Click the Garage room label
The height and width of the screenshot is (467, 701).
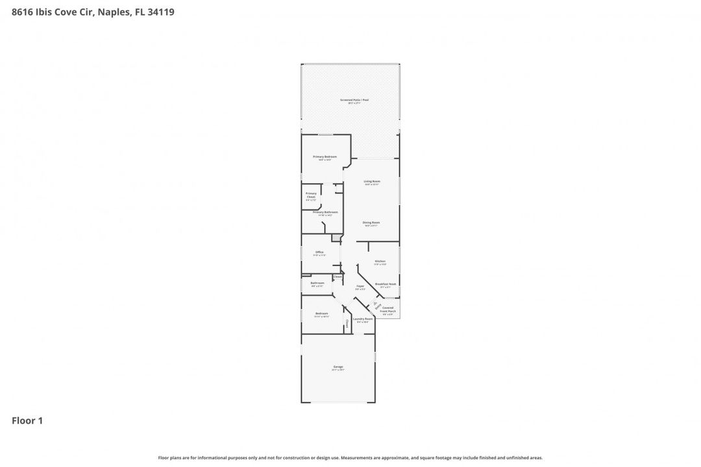pyautogui.click(x=338, y=367)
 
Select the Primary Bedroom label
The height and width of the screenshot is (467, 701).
pyautogui.click(x=325, y=158)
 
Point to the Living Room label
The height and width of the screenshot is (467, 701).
pyautogui.click(x=371, y=182)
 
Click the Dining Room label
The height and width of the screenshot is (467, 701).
pyautogui.click(x=371, y=223)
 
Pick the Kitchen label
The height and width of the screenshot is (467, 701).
pyautogui.click(x=380, y=262)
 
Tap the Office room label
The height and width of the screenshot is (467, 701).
pyautogui.click(x=319, y=253)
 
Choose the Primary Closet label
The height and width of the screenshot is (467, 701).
pyautogui.click(x=311, y=195)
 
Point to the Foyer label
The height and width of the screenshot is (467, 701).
pyautogui.click(x=360, y=287)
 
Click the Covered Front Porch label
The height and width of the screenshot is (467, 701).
pyautogui.click(x=387, y=309)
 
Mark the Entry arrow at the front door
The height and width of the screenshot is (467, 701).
pyautogui.click(x=376, y=305)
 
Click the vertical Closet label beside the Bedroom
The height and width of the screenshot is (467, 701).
pyautogui.click(x=347, y=322)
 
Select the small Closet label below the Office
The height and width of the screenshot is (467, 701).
pyautogui.click(x=338, y=278)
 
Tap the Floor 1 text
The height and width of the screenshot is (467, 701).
pyautogui.click(x=27, y=421)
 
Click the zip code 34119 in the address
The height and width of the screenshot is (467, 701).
pyautogui.click(x=161, y=12)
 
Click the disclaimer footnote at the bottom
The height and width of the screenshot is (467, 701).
pyautogui.click(x=350, y=458)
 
